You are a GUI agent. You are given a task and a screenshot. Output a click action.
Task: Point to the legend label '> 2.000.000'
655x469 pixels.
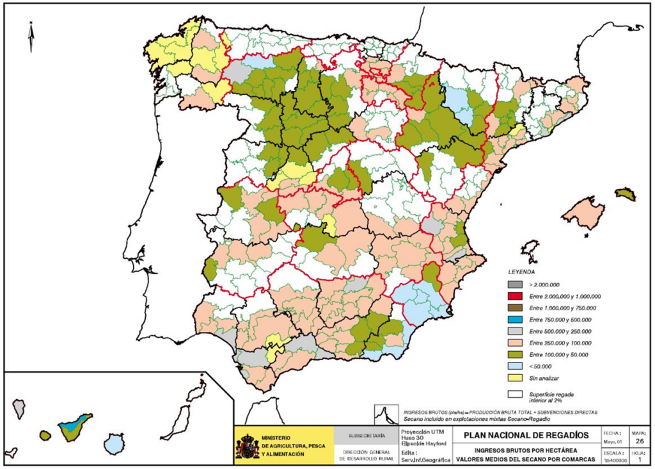545,284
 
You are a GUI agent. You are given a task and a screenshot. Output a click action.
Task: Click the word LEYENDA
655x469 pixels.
521,272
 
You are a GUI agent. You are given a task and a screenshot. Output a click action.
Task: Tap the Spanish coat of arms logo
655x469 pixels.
248,446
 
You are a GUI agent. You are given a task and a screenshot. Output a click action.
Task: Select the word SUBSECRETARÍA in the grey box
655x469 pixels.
367,436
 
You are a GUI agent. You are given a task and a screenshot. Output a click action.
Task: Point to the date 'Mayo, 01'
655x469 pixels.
610,441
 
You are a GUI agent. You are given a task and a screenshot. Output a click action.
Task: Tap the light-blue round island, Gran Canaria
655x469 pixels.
114,443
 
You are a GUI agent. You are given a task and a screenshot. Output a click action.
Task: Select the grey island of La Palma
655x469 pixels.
19,407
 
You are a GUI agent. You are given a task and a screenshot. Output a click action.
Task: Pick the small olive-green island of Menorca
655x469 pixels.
626,193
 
